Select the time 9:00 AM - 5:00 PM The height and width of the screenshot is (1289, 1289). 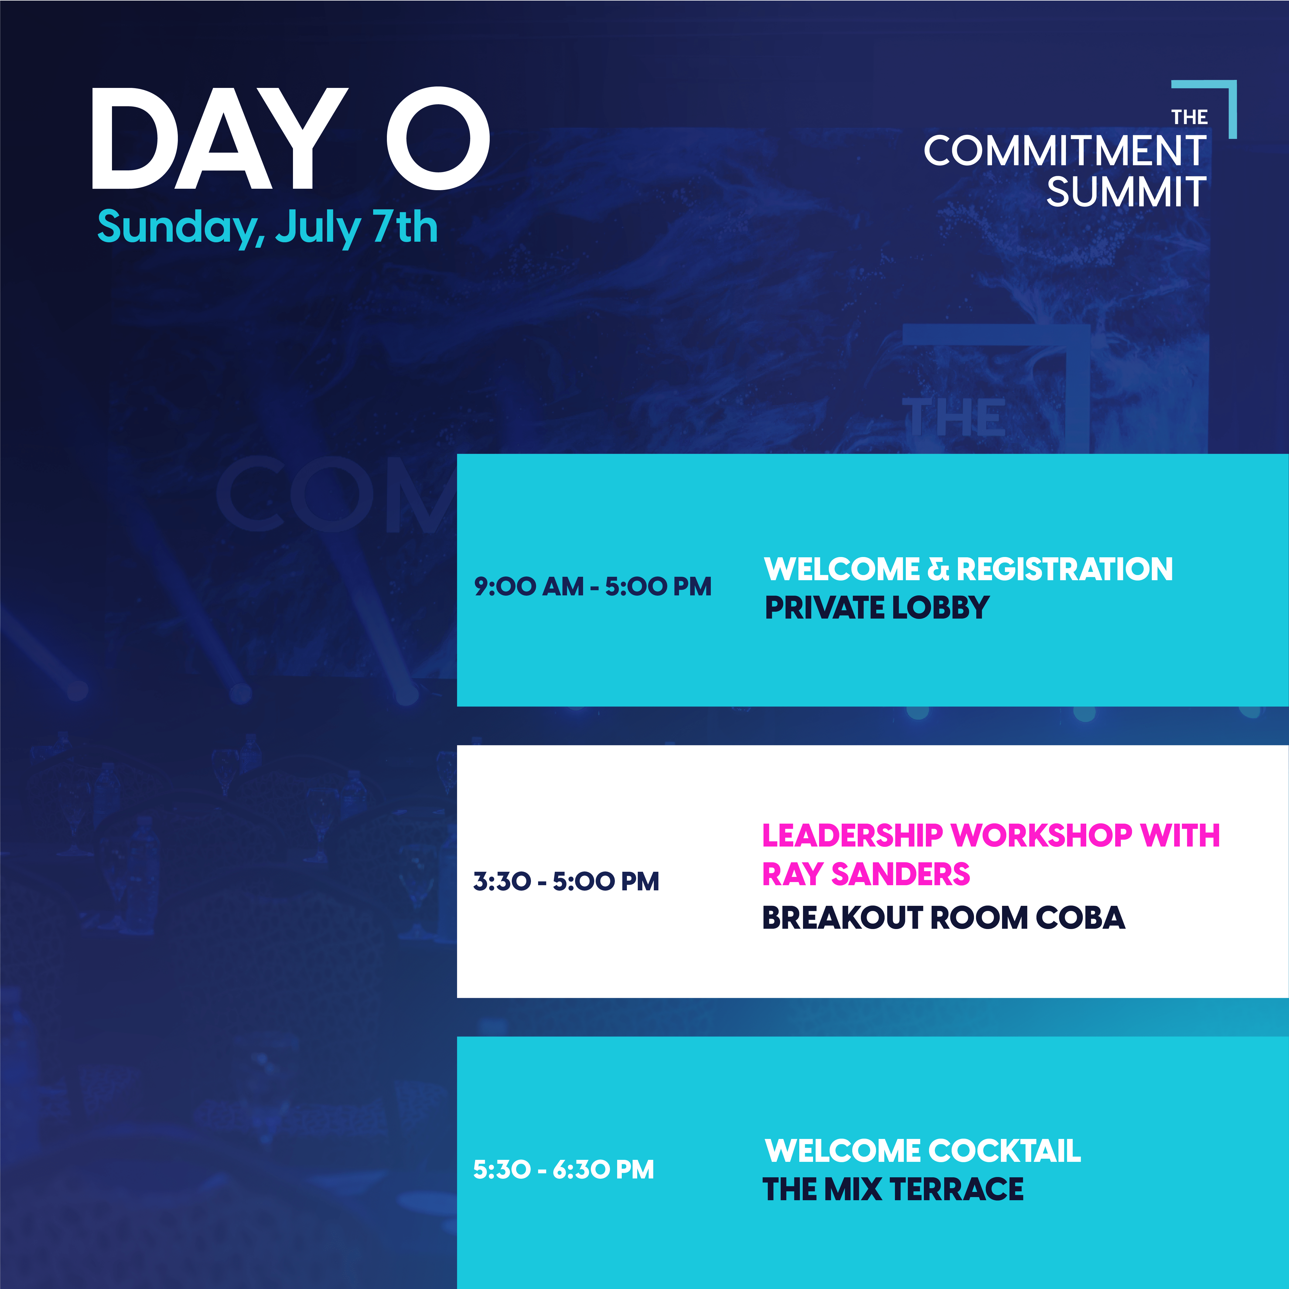593,587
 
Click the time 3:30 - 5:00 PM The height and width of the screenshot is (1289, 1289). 566,881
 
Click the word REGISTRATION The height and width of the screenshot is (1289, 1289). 1065,569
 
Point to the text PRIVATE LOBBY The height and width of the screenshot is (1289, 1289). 877,608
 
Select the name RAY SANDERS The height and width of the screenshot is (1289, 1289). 866,874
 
